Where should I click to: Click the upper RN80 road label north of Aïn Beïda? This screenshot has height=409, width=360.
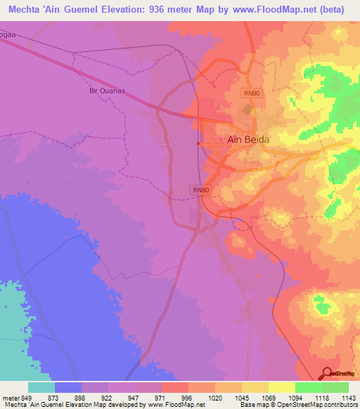coord(252,93)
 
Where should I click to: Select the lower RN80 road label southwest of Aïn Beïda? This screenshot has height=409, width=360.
coord(200,190)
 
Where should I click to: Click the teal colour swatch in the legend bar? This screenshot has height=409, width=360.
coord(41,387)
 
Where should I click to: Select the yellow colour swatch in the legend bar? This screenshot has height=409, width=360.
coord(282,387)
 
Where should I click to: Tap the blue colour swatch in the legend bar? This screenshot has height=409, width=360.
coord(68,387)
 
